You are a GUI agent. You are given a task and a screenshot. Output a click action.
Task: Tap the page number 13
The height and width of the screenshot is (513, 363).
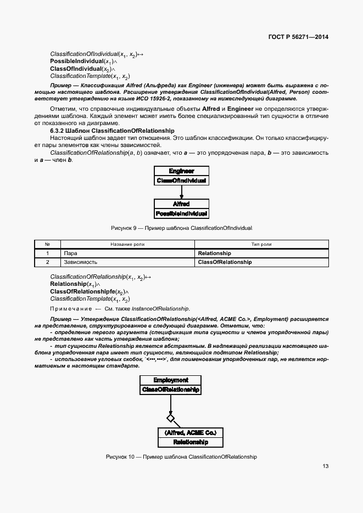(x=325, y=466)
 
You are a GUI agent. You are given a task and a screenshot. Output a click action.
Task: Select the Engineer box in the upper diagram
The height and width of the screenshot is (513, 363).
(x=181, y=171)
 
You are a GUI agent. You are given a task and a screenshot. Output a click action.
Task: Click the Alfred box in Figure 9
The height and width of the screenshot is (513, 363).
(x=181, y=204)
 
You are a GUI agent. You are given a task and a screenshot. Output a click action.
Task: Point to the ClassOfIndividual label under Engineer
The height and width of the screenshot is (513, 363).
(x=181, y=180)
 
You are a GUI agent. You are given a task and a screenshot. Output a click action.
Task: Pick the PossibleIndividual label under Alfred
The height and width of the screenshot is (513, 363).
(x=181, y=213)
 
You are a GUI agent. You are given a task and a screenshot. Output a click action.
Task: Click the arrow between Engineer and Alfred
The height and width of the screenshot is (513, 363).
(x=181, y=191)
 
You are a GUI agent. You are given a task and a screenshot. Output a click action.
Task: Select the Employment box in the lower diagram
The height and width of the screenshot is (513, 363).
(x=170, y=380)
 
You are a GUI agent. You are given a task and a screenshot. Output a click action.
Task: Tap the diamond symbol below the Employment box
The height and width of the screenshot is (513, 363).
(x=171, y=418)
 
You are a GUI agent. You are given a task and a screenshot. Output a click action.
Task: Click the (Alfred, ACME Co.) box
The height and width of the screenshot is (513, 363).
(x=190, y=432)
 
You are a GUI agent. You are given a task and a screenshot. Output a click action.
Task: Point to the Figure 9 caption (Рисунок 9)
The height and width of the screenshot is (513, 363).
(x=181, y=227)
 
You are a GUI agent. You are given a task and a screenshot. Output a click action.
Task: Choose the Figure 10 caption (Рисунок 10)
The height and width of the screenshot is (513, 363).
(x=181, y=456)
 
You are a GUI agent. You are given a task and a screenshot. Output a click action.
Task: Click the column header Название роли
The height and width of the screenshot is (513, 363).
(x=127, y=244)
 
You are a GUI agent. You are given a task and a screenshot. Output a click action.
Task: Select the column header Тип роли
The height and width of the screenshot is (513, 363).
(x=261, y=244)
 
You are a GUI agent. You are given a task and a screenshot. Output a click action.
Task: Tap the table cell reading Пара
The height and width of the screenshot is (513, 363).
(x=70, y=253)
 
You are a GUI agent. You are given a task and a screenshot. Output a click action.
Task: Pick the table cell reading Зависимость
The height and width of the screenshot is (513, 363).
(x=81, y=262)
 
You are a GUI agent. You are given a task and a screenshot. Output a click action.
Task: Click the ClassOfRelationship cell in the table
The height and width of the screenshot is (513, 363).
(x=224, y=262)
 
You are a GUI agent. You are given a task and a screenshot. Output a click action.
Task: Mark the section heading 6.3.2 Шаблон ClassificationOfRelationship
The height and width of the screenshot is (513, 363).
(x=112, y=131)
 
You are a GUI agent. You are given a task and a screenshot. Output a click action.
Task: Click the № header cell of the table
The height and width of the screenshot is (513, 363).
(x=47, y=244)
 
